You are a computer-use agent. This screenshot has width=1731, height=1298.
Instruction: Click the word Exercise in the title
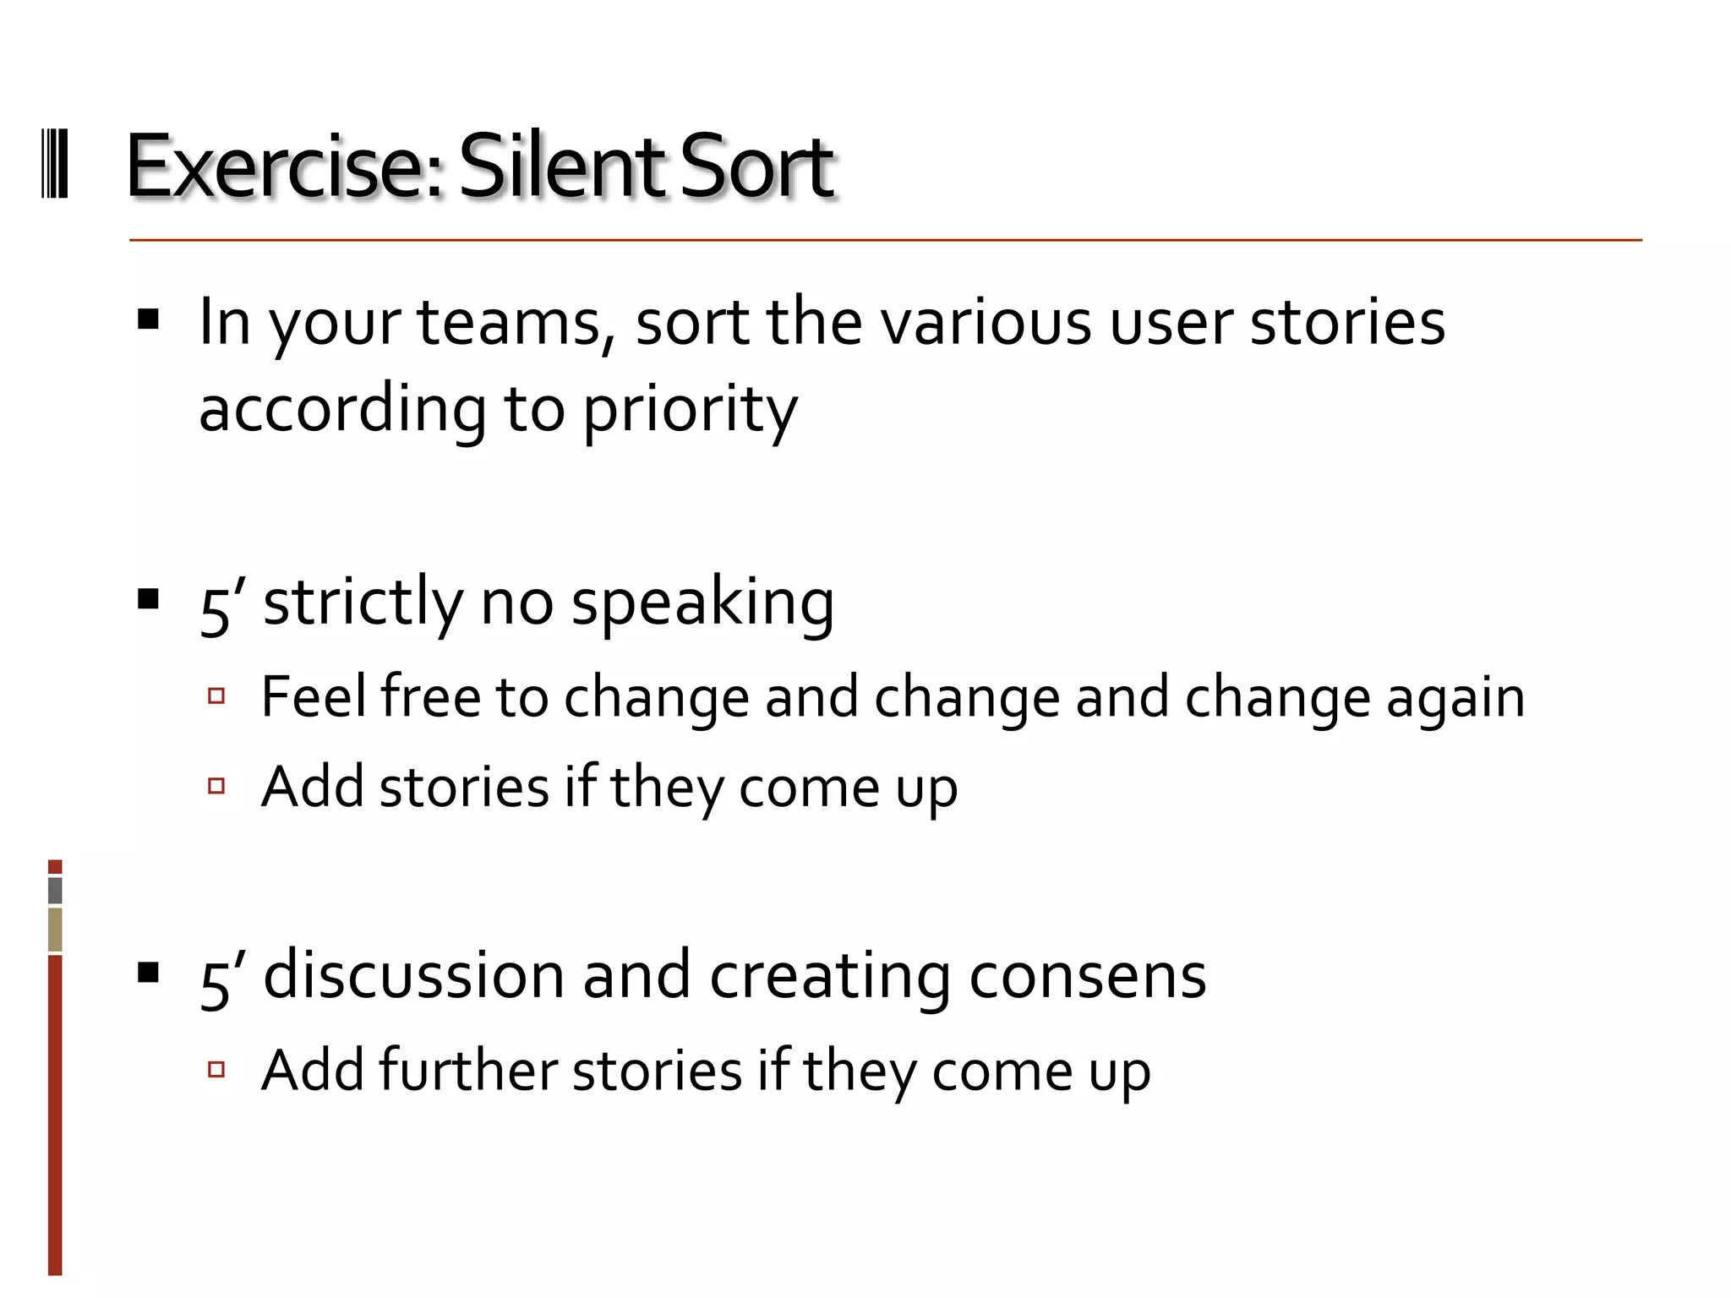tap(283, 166)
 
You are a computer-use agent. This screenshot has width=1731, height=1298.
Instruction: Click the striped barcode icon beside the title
tap(55, 164)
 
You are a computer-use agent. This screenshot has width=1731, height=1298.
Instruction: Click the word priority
tap(690, 410)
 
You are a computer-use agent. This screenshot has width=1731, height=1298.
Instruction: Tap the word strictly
tap(363, 603)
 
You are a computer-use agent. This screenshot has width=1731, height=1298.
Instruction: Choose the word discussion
tap(414, 976)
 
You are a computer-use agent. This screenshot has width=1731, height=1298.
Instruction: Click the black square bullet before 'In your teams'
tap(149, 319)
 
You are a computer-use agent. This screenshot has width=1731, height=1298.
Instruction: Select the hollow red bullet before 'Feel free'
tap(216, 696)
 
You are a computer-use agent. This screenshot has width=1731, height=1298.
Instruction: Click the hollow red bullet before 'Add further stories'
tap(216, 1070)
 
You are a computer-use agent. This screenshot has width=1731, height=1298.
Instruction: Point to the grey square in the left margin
tap(55, 890)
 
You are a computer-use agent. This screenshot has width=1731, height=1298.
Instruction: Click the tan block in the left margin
tap(55, 930)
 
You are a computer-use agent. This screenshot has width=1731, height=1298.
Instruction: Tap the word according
tap(342, 410)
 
